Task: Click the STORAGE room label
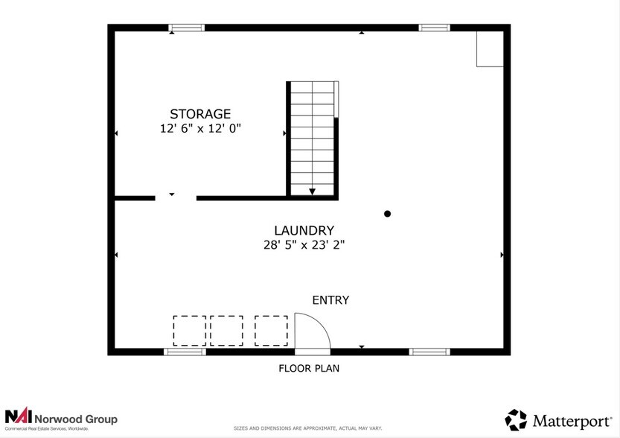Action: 200,114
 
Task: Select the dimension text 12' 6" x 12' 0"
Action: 200,128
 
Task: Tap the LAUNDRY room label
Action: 304,231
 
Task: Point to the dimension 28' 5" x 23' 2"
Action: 304,244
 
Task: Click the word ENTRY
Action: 330,300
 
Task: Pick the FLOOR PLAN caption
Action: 310,368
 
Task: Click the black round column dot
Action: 387,214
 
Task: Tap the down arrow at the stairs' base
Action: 312,191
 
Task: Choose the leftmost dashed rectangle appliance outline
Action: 190,330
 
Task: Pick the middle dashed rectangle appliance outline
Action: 226,330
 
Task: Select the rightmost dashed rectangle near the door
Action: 271,330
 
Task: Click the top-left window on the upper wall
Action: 186,28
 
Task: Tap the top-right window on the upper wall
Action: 434,28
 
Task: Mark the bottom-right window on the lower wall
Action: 429,351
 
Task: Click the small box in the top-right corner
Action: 490,49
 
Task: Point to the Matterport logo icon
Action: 516,419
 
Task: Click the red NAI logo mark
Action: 16,416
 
